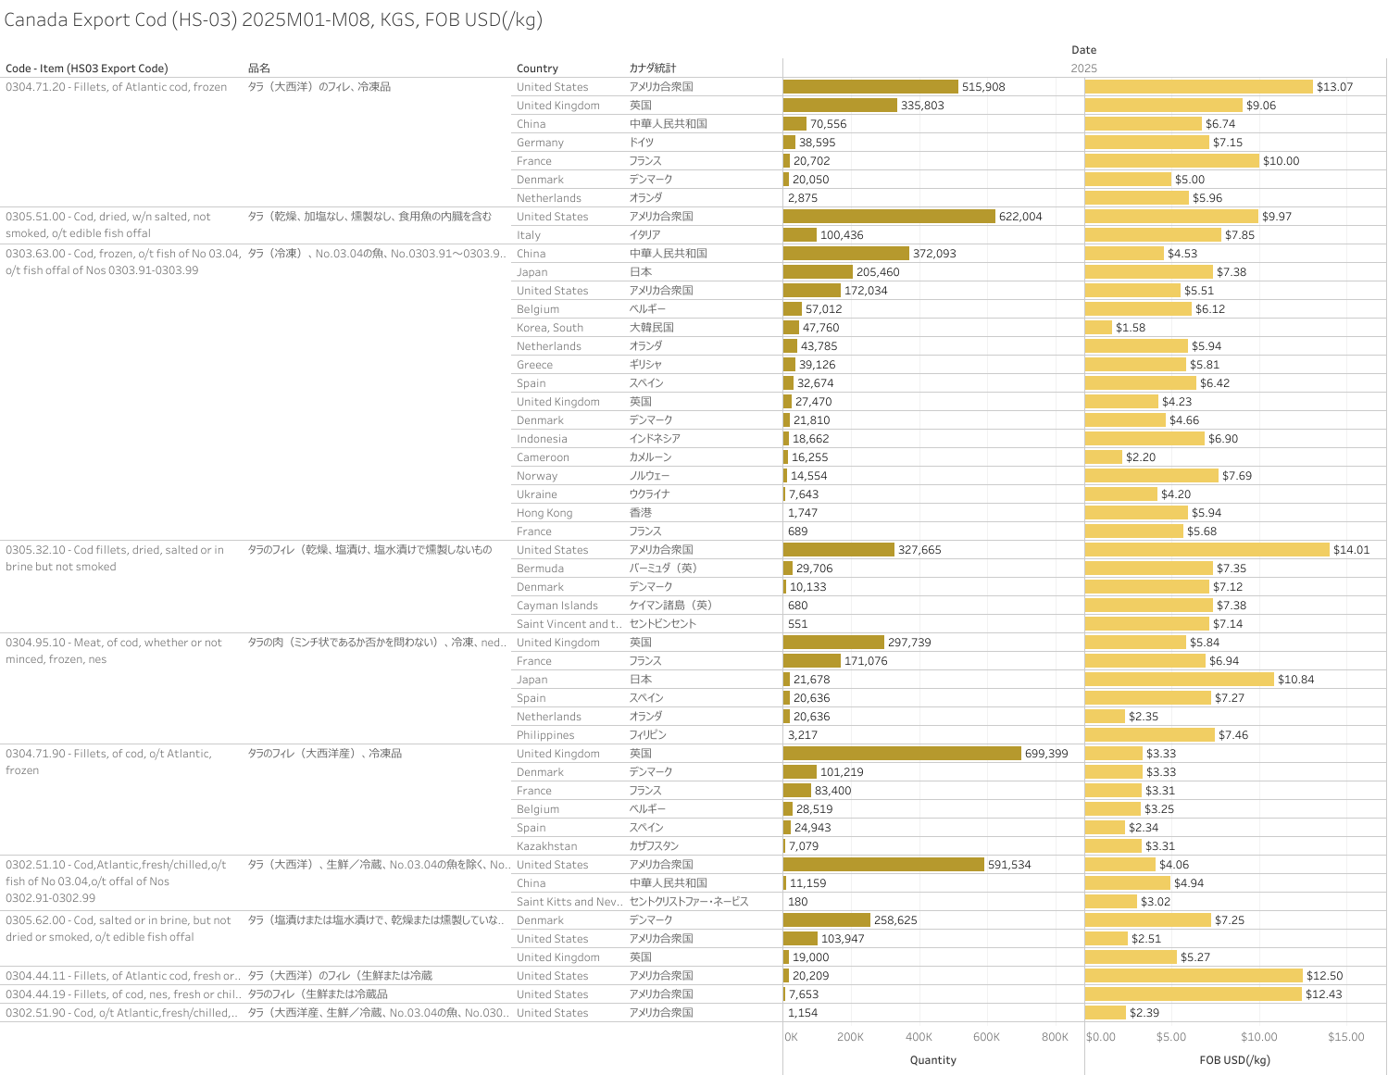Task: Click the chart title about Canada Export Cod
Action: point(273,20)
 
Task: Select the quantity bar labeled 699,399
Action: point(902,754)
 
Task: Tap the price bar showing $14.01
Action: point(1207,550)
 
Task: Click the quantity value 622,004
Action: point(1020,217)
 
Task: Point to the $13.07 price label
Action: point(1334,87)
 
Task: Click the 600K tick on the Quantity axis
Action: point(986,1037)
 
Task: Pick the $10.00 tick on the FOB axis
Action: point(1258,1037)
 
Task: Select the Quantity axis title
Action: point(932,1060)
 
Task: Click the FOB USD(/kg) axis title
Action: point(1234,1060)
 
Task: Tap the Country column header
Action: point(537,69)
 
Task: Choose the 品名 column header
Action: point(259,69)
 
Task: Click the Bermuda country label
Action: point(540,569)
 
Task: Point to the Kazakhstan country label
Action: point(546,846)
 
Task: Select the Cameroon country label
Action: point(543,457)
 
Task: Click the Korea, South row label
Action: point(550,328)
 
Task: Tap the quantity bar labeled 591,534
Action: point(883,865)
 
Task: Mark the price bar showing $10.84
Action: point(1179,680)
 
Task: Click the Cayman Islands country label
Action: point(557,606)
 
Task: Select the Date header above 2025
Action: point(1083,50)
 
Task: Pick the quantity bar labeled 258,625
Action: point(827,920)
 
